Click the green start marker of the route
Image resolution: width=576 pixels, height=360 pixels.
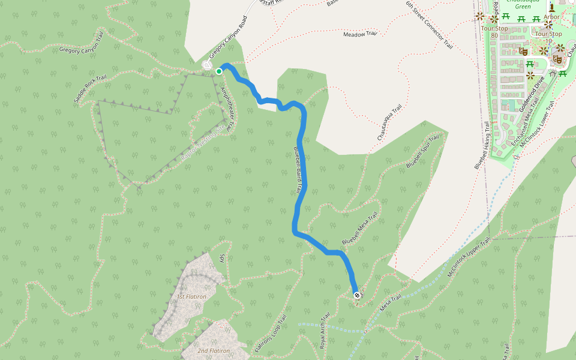click(219, 71)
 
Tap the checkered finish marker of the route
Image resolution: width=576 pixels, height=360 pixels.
click(357, 295)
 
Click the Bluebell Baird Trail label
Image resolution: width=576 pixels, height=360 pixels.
click(297, 170)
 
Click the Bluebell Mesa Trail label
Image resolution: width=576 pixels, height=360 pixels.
click(360, 229)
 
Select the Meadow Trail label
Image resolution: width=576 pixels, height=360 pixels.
click(359, 34)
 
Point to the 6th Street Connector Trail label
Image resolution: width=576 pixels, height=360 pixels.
click(428, 25)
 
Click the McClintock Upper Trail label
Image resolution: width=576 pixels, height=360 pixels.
click(469, 257)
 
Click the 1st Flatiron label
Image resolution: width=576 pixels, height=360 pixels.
click(191, 296)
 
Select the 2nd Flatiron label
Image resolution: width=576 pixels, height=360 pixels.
click(214, 350)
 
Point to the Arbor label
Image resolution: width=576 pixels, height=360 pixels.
click(551, 17)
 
